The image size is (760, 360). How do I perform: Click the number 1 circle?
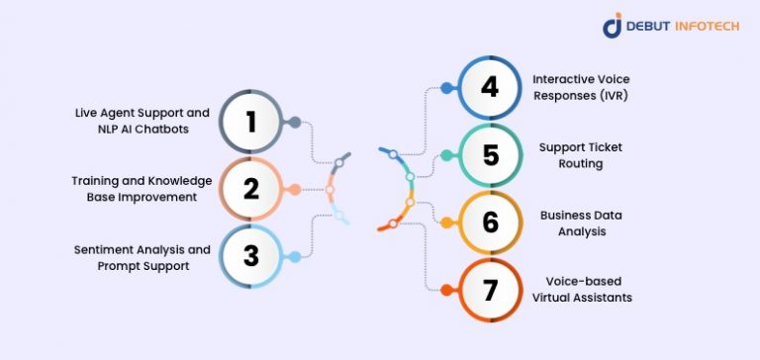[251, 122]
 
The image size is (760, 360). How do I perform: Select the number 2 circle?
[251, 189]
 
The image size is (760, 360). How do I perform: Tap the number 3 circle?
[251, 256]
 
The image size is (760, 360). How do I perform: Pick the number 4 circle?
[489, 87]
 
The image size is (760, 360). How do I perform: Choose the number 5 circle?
[489, 154]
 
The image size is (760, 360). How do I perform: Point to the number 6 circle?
[489, 222]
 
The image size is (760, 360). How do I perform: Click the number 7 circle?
[489, 289]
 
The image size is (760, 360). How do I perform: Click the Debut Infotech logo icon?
[613, 25]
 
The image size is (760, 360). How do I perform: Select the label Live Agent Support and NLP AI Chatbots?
[142, 122]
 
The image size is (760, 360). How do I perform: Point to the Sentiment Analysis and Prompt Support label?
[142, 256]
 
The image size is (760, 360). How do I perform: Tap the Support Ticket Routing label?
[571, 154]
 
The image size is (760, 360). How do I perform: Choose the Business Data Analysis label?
[573, 222]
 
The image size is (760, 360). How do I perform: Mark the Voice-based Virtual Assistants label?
[581, 289]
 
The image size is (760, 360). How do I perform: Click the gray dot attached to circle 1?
[294, 122]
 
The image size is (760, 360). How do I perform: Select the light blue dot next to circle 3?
[294, 257]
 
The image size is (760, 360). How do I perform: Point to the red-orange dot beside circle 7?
[446, 290]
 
